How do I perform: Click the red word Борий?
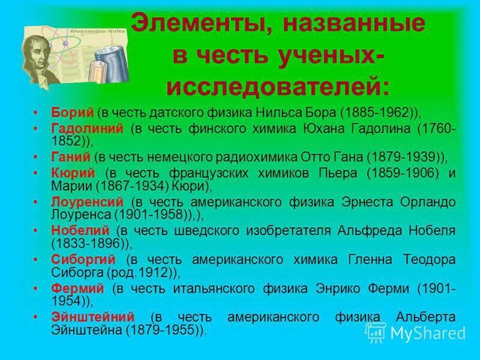[x=73, y=112]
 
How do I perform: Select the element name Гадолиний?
[x=88, y=128]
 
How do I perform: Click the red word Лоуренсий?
[x=88, y=201]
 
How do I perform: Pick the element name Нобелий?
[x=80, y=230]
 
